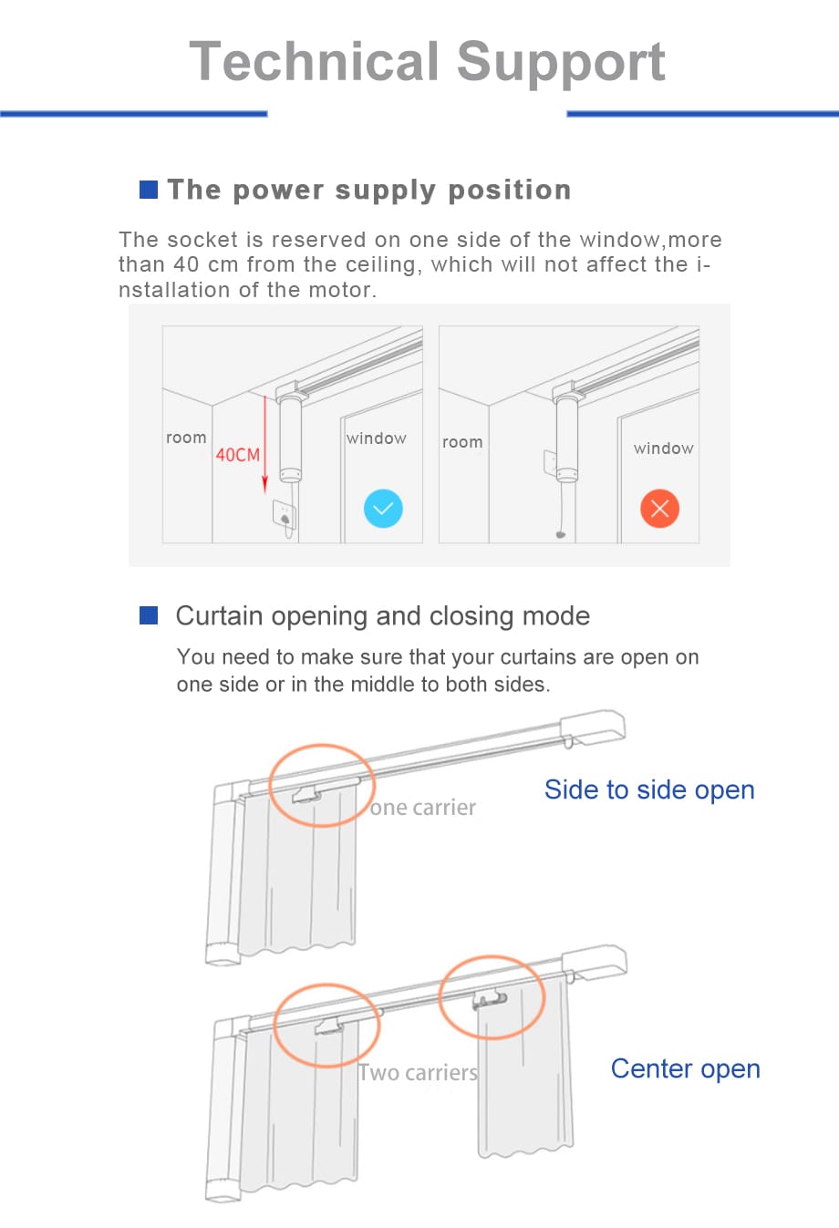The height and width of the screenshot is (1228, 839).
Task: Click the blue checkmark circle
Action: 383,508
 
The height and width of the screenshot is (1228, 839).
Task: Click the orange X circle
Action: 659,508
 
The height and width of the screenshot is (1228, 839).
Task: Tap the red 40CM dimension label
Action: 237,455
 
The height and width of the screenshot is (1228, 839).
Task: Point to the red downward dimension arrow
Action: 264,445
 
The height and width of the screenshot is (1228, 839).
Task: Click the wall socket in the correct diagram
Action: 284,514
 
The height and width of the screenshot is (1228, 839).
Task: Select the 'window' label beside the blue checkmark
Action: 376,438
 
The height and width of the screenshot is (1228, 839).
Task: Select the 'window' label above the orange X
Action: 664,448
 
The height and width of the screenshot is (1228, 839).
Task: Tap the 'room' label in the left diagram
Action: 186,438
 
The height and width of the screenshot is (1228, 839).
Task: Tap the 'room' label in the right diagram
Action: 463,442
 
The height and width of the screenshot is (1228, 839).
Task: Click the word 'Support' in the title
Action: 561,64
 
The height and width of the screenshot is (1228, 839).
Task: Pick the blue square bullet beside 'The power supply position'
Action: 149,189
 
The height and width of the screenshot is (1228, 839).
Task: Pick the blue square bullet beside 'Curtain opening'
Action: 149,615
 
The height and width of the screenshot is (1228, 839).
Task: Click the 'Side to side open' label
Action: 649,789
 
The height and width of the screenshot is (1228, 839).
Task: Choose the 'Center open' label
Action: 686,1068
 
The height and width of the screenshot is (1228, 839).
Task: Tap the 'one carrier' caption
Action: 423,808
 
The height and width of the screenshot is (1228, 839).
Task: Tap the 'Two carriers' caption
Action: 418,1073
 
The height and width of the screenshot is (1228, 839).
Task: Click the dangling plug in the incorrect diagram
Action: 561,534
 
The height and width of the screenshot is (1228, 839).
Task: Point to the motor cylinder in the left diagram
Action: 290,439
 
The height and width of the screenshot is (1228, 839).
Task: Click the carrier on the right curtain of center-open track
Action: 490,999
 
